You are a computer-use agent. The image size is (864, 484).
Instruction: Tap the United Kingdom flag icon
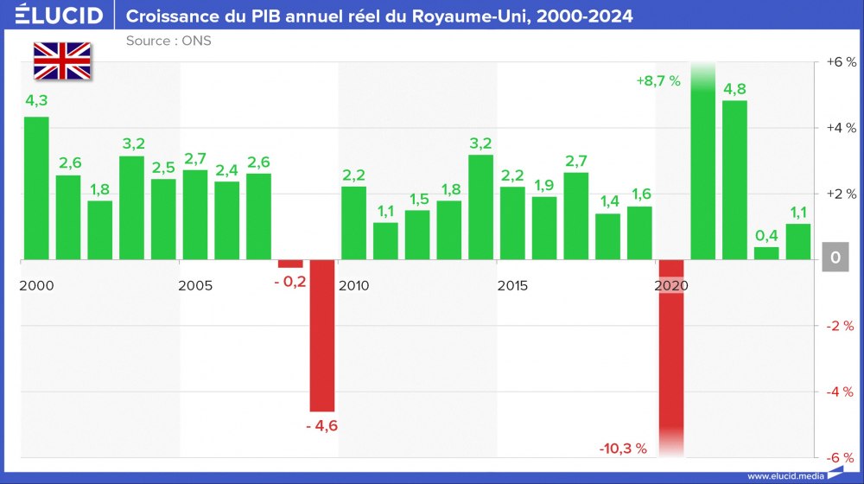62,60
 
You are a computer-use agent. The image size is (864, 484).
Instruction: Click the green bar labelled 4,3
36,188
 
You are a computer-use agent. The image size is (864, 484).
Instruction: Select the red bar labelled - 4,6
322,335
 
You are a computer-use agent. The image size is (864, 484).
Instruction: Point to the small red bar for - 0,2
290,264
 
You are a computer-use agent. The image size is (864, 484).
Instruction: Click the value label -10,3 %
623,448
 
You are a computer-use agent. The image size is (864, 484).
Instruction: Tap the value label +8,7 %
658,81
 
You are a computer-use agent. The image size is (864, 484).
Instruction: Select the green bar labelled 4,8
734,180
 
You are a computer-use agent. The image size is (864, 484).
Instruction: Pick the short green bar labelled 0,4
766,253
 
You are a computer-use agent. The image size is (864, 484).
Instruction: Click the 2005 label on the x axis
195,285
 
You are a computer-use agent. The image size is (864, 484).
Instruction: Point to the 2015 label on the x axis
514,285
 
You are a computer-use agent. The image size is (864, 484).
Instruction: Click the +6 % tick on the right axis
840,62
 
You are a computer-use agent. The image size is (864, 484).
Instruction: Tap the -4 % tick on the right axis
840,392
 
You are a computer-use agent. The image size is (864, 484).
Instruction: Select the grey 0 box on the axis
835,258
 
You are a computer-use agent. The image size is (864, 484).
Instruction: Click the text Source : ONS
168,41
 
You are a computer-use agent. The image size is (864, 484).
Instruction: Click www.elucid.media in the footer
785,474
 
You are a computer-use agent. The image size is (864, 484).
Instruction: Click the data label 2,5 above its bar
163,167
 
